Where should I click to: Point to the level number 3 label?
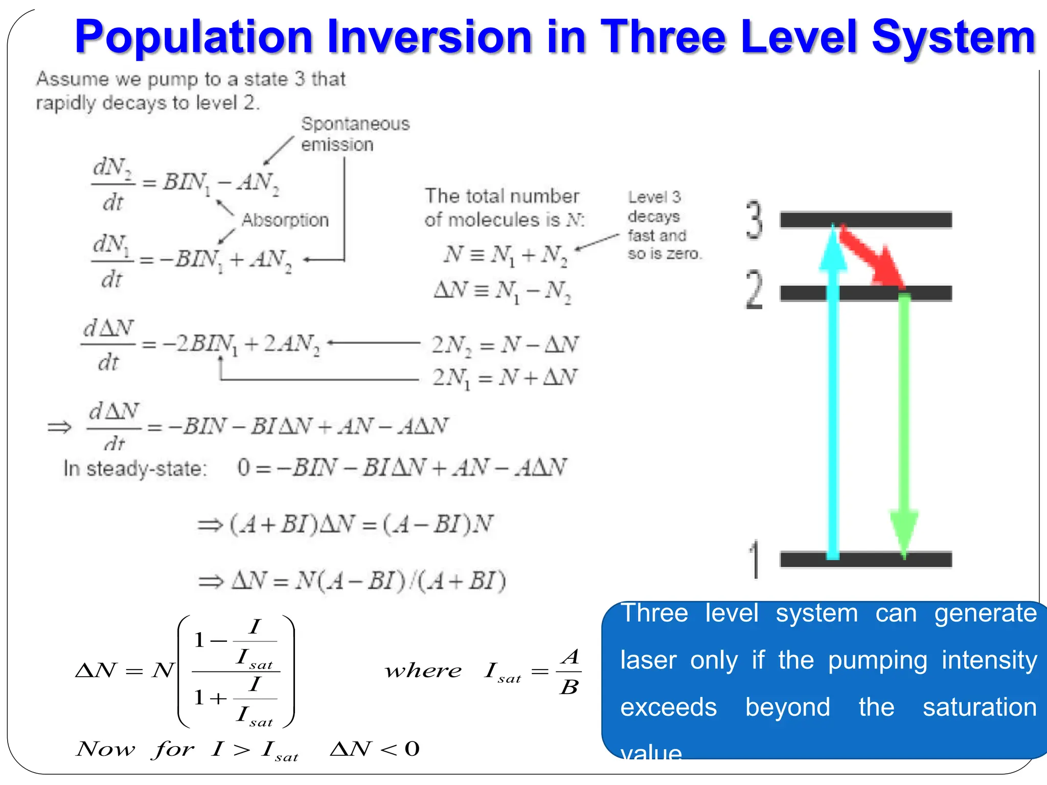click(754, 220)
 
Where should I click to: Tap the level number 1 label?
click(755, 560)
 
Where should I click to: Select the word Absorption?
click(285, 220)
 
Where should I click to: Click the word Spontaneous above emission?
click(355, 124)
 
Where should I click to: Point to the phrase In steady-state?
click(135, 468)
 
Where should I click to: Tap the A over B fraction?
click(570, 671)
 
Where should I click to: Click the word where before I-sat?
click(423, 671)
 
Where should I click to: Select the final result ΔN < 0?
click(375, 749)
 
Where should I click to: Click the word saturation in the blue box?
click(979, 707)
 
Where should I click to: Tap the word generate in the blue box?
click(985, 613)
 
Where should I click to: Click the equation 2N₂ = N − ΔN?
click(505, 344)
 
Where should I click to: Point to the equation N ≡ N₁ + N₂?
click(506, 255)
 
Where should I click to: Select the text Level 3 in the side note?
click(654, 197)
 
